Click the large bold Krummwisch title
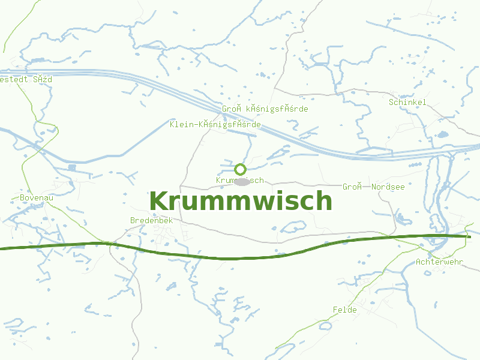click(241, 201)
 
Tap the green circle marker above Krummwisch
click(240, 169)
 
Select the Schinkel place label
click(407, 102)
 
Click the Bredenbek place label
click(151, 220)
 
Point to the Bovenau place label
click(37, 197)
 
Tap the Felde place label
click(344, 310)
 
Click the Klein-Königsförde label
click(215, 124)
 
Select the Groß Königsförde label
click(265, 109)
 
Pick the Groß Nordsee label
click(373, 187)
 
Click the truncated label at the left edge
click(26, 79)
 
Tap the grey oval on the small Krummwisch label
click(241, 181)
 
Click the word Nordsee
click(388, 187)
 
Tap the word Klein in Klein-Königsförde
click(182, 124)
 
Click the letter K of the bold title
click(158, 201)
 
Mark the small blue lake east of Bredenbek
click(294, 227)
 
